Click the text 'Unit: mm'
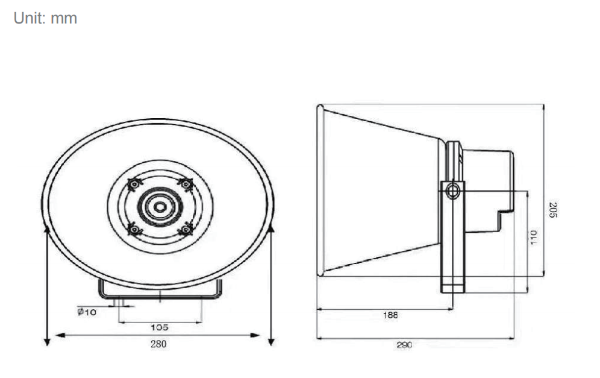(45, 18)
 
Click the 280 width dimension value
(158, 344)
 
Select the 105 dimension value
(159, 327)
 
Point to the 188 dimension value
(390, 315)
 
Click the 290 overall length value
(404, 345)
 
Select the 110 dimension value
(533, 237)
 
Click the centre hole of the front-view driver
(160, 206)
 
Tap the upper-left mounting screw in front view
(134, 183)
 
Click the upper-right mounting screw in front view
(186, 183)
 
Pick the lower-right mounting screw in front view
(186, 228)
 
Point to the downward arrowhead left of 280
(47, 342)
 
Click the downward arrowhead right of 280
(272, 342)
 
